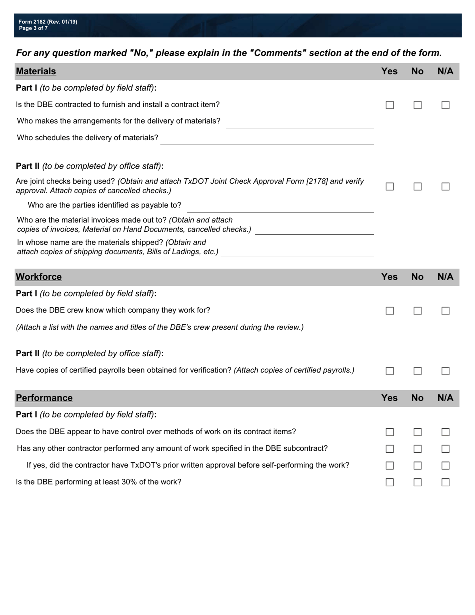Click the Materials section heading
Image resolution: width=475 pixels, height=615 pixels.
point(36,71)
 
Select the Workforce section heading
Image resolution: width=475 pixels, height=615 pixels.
point(39,277)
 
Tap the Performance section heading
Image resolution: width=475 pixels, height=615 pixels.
point(44,398)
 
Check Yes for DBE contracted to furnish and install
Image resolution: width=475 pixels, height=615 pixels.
point(390,105)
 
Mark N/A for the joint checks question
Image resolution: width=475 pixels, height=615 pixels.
point(445,186)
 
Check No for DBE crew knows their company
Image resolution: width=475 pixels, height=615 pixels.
point(418,311)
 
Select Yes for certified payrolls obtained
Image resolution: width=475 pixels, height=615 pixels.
point(390,371)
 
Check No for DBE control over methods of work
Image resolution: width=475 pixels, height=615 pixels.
point(418,432)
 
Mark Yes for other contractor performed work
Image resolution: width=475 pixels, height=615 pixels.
point(390,449)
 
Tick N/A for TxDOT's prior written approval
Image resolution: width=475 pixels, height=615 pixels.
point(445,466)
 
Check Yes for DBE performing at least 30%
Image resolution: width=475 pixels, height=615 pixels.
point(390,482)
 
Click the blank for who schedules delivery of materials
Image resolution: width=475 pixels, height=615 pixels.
point(267,140)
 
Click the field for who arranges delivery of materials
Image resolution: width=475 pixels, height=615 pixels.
point(300,123)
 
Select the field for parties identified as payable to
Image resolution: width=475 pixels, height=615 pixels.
point(280,207)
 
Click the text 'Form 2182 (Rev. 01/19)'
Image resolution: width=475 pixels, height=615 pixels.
point(48,22)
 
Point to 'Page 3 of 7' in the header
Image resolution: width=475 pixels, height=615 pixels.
point(33,28)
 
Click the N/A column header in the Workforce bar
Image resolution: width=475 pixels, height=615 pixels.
point(445,277)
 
